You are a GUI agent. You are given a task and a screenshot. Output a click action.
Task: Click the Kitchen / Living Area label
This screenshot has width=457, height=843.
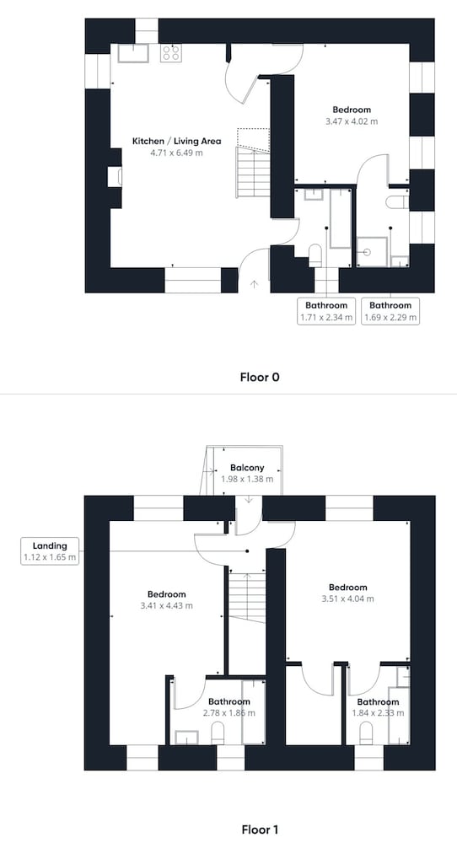pyautogui.click(x=176, y=142)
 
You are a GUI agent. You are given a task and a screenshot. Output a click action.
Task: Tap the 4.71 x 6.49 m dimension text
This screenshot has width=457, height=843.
pyautogui.click(x=176, y=153)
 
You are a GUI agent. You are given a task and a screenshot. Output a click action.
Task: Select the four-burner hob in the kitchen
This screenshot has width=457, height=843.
pyautogui.click(x=171, y=52)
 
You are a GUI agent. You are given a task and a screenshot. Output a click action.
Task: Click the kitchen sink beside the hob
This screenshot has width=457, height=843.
pyautogui.click(x=133, y=53)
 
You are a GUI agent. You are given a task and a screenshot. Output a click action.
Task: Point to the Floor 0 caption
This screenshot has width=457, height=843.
pyautogui.click(x=260, y=377)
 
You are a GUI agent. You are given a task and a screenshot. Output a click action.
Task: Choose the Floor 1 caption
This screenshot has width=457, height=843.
pyautogui.click(x=260, y=830)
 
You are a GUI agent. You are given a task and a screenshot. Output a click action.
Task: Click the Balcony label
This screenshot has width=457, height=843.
pyautogui.click(x=247, y=468)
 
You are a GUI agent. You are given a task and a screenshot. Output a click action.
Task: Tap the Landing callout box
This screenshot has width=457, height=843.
pyautogui.click(x=50, y=551)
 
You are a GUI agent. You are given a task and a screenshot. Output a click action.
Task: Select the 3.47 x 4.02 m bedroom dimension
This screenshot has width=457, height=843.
pyautogui.click(x=352, y=121)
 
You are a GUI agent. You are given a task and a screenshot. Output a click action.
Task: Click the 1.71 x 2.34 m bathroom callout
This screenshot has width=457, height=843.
pyautogui.click(x=326, y=311)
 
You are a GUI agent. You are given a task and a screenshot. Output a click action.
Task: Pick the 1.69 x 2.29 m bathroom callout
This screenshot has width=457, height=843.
pyautogui.click(x=390, y=311)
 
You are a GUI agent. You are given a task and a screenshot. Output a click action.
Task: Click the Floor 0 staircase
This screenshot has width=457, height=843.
pyautogui.click(x=253, y=164)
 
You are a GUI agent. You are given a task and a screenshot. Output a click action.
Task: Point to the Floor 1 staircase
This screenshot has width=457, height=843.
pyautogui.click(x=247, y=598)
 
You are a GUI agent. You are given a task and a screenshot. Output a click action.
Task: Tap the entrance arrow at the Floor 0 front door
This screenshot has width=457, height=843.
pyautogui.click(x=254, y=284)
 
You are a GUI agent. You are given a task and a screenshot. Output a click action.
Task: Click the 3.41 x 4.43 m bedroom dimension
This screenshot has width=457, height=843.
pyautogui.click(x=167, y=606)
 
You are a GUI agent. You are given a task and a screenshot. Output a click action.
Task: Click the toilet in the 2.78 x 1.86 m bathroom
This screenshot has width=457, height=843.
pyautogui.click(x=218, y=733)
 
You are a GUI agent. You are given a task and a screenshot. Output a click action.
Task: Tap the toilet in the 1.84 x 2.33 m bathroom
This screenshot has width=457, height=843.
pyautogui.click(x=366, y=733)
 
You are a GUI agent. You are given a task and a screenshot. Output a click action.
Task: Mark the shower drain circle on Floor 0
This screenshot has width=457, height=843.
pyautogui.click(x=368, y=251)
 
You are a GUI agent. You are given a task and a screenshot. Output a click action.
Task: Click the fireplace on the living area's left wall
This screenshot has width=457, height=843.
pyautogui.click(x=115, y=177)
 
